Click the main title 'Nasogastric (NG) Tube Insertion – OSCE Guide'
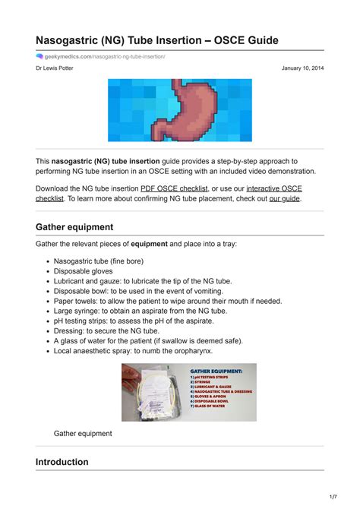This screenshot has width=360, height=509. (157, 40)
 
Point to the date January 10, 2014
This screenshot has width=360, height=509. (302, 68)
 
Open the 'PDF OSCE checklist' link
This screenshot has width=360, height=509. (174, 188)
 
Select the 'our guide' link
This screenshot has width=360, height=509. (285, 198)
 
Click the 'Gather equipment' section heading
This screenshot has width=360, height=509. (74, 226)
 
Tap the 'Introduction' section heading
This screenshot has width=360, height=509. (62, 462)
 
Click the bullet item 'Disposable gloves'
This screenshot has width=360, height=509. (83, 271)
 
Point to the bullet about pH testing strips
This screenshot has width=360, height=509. (134, 321)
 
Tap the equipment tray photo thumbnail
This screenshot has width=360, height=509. (189, 392)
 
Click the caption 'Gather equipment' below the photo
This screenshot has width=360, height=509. (83, 433)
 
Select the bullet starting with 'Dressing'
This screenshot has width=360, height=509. (106, 330)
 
